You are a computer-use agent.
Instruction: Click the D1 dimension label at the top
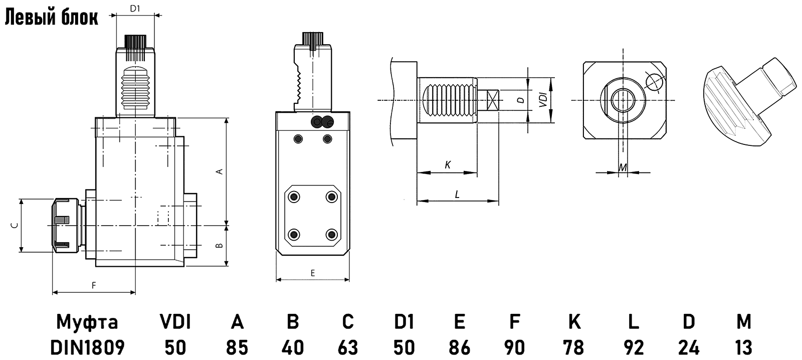(134, 8)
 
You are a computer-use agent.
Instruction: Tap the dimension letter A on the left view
(219, 171)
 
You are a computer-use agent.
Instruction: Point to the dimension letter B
(219, 246)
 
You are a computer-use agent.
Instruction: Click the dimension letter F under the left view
(93, 285)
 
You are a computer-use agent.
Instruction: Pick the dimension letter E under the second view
(312, 273)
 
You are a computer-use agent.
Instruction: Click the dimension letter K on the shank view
(447, 164)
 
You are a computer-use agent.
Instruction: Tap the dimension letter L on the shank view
(457, 194)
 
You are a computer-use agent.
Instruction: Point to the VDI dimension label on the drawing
(542, 100)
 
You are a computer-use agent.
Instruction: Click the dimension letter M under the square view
(622, 167)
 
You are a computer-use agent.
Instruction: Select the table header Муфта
(88, 321)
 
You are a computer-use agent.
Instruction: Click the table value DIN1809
(88, 347)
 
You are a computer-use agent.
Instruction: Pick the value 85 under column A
(237, 347)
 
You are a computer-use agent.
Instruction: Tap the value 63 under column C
(347, 347)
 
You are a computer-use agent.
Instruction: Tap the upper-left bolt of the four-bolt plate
(294, 197)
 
